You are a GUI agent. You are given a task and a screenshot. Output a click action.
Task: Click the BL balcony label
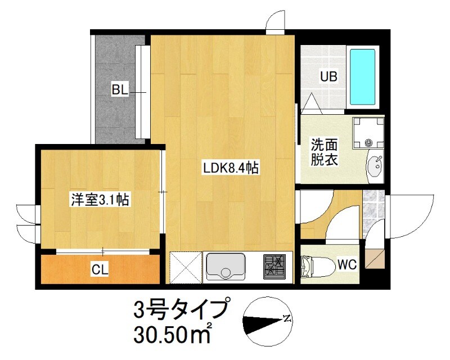coord(120,89)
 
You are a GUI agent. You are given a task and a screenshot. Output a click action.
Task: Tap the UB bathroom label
coord(328,76)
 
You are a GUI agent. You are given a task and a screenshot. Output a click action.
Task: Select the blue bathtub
coord(363,76)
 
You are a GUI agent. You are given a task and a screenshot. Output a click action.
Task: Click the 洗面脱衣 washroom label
coord(325,152)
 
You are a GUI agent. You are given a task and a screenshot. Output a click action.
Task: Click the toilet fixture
coord(316,265)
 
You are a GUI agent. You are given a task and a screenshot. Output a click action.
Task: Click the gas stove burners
coord(276,266)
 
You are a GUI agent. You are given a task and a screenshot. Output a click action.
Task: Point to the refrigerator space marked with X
coord(185,266)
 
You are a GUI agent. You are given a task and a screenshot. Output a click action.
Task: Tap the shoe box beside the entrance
coord(373,256)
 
